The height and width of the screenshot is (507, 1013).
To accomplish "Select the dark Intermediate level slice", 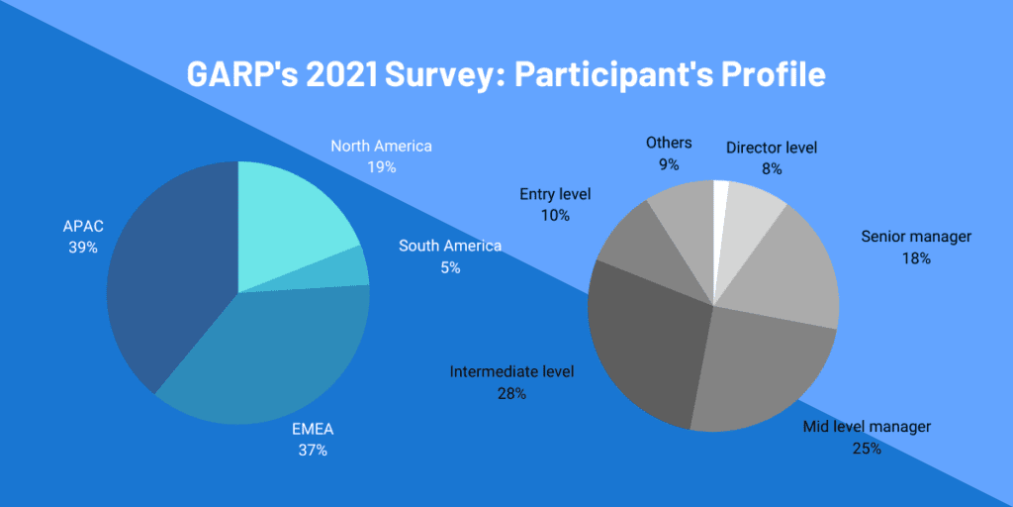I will (x=643, y=337).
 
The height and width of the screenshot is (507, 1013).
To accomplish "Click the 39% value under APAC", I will (x=83, y=248).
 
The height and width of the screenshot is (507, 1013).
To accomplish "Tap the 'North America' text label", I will (x=381, y=147).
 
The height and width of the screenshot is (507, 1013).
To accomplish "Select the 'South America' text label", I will (x=450, y=246).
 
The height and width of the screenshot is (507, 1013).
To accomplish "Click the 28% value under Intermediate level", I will (x=511, y=393).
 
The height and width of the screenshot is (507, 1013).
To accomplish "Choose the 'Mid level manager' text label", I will (x=866, y=427).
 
